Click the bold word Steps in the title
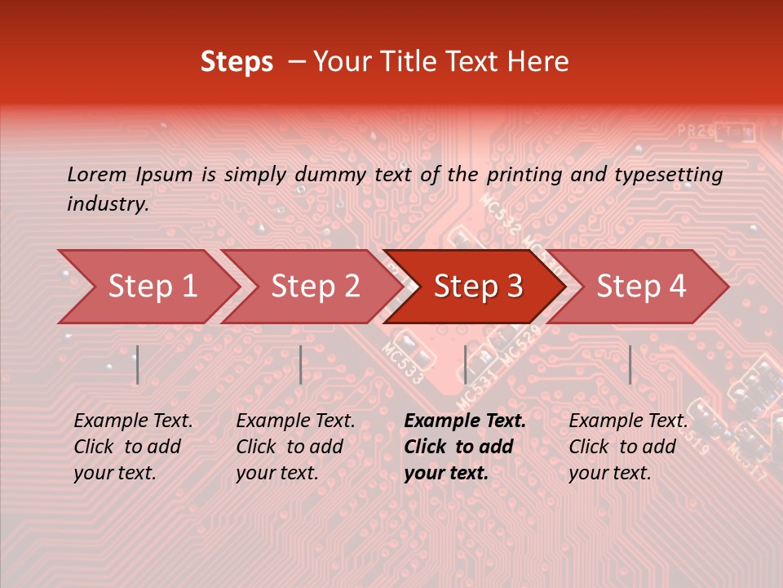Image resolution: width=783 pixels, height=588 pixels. tap(237, 62)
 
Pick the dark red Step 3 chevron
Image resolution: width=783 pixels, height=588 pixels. tap(478, 287)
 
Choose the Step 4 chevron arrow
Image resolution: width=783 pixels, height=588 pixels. tap(641, 287)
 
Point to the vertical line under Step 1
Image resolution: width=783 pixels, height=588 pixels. tap(138, 364)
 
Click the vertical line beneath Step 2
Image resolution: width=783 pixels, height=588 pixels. tap(301, 364)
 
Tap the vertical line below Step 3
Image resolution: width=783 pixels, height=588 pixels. tap(465, 364)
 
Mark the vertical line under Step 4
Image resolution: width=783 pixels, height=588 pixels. tap(630, 364)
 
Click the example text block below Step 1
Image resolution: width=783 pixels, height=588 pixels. tap(133, 447)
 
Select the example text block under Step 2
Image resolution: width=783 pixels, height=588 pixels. tap(295, 447)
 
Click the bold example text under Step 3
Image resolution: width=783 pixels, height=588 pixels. tap(465, 447)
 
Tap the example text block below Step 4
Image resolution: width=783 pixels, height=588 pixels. tap(628, 447)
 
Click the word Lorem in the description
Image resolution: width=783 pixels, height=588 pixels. tap(96, 175)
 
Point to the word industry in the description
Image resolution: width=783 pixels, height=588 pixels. tap(108, 204)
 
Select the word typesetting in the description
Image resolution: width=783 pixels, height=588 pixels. tap(668, 175)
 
